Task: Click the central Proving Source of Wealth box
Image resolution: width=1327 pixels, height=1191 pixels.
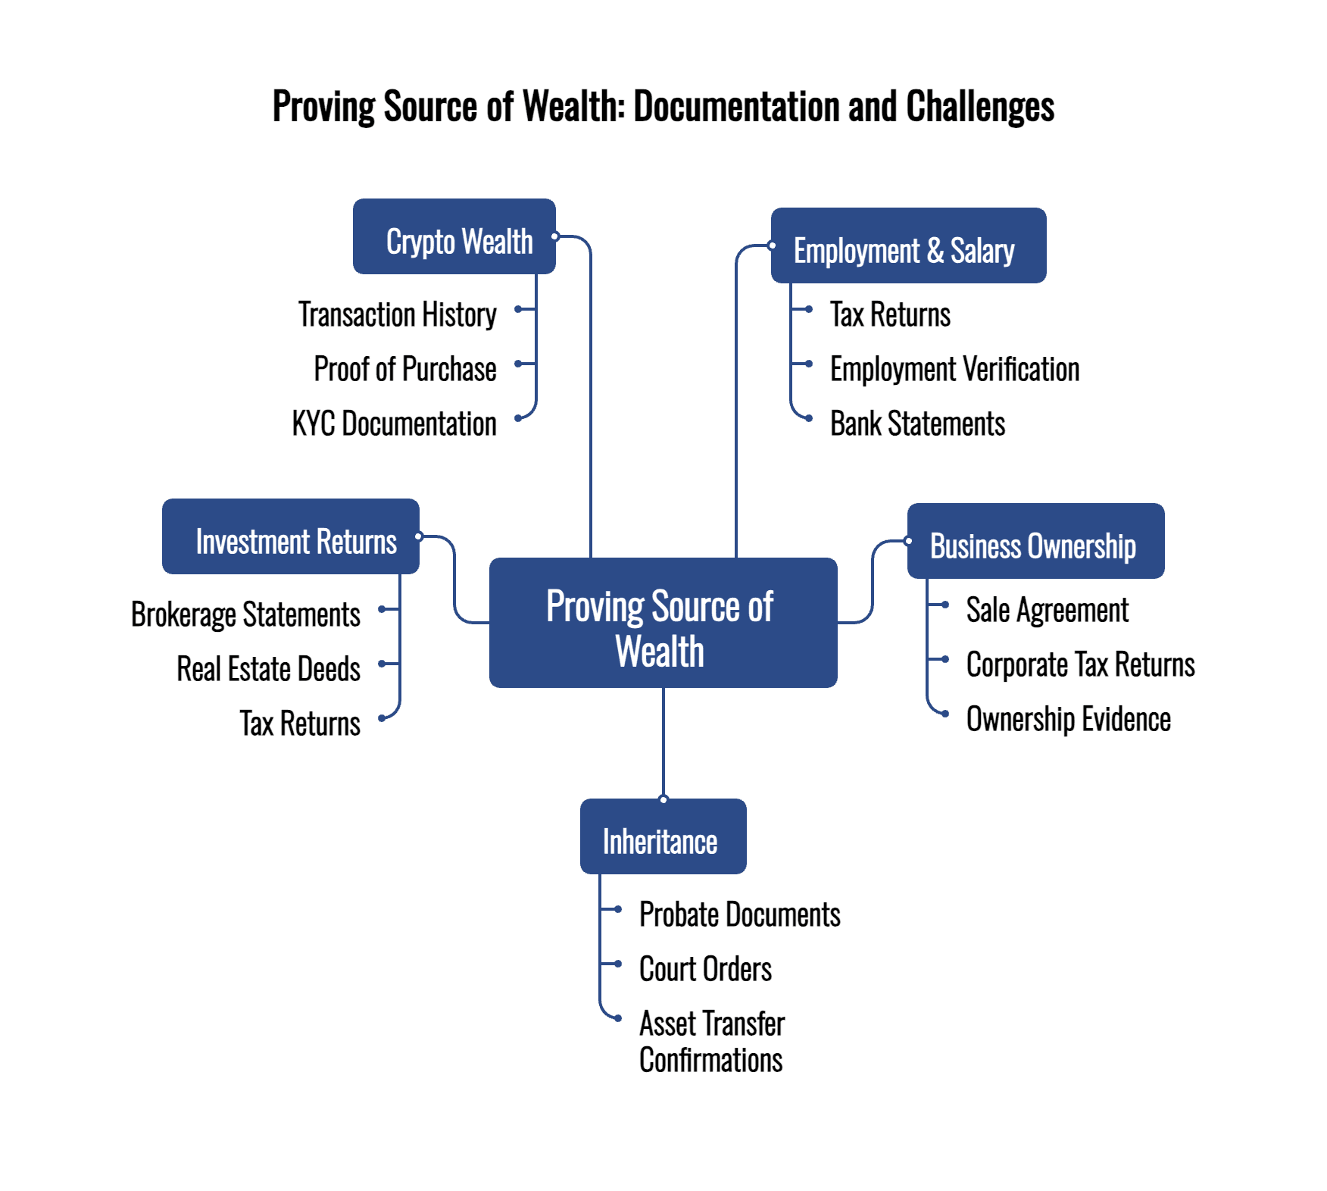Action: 663,623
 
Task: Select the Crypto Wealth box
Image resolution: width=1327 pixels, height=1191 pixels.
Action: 454,236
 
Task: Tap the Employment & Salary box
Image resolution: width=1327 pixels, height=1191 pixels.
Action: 908,245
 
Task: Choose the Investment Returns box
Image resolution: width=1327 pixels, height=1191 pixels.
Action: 291,536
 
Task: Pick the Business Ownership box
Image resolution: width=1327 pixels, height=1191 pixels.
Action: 1035,541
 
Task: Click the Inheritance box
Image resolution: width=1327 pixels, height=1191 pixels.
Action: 663,836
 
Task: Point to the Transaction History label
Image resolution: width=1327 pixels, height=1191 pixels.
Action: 398,314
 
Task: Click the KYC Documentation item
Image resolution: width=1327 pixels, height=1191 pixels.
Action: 395,424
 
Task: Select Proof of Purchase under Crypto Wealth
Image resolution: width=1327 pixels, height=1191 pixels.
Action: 405,369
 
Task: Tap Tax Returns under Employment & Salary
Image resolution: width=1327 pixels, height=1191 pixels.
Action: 890,314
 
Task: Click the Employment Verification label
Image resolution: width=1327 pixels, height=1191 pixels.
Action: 954,369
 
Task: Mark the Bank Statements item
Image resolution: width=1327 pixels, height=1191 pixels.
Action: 917,424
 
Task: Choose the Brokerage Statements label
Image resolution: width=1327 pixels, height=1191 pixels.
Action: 246,614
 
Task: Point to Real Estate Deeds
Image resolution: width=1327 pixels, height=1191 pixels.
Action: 269,669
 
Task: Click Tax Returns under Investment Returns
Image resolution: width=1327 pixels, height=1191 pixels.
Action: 301,724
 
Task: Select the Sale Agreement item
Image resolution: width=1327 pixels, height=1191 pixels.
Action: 1047,610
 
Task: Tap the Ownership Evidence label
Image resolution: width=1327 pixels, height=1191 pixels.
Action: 1068,719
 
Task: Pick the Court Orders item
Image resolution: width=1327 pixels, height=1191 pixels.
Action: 705,969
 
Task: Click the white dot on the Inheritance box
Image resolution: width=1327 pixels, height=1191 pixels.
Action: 663,799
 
